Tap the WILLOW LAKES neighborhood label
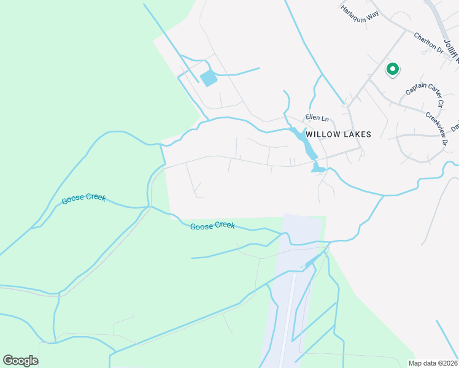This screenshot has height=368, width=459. tap(338, 134)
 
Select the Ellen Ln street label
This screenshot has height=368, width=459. tap(317, 118)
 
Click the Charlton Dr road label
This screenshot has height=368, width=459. tap(428, 42)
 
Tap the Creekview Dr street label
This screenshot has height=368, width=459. tap(436, 128)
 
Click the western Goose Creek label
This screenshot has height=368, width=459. tap(83, 199)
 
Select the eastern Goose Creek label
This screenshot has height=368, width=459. tap(212, 226)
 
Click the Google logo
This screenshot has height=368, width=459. tap(20, 361)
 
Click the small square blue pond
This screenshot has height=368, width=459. tap(209, 78)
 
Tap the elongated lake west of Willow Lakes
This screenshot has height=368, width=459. tap(304, 143)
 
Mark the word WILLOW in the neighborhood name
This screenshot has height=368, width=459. tap(323, 134)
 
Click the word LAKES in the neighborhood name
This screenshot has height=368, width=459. tap(358, 134)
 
